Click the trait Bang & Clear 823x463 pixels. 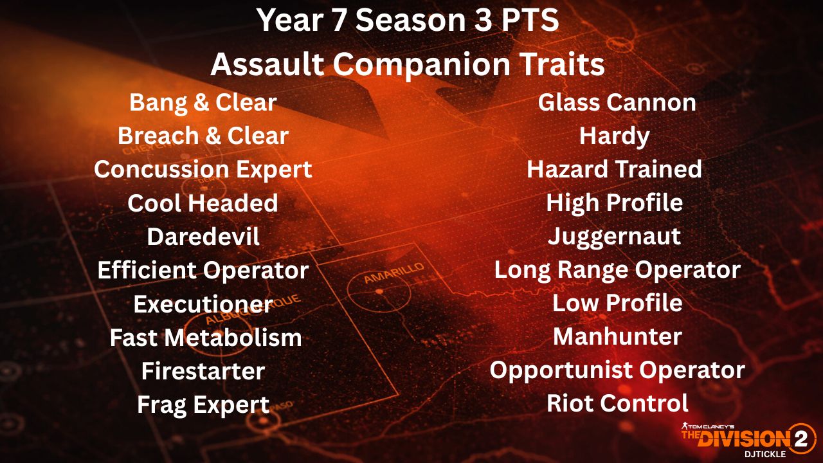203,102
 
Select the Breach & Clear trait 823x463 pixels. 203,136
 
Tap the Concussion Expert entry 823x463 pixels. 203,170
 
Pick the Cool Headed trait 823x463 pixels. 203,203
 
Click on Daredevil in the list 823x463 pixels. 203,237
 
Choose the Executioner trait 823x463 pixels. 203,304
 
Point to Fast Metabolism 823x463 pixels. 206,338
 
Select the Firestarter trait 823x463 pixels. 203,371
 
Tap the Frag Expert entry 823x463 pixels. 203,405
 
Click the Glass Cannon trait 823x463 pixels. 617,102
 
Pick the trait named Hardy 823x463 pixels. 614,137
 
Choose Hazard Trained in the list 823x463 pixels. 614,169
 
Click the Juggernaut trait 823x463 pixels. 614,237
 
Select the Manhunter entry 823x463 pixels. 618,336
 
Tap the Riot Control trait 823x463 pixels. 618,403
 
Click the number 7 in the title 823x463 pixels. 338,20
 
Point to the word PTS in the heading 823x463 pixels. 530,20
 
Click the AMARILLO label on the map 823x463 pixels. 394,273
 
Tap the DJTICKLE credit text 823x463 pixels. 765,454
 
